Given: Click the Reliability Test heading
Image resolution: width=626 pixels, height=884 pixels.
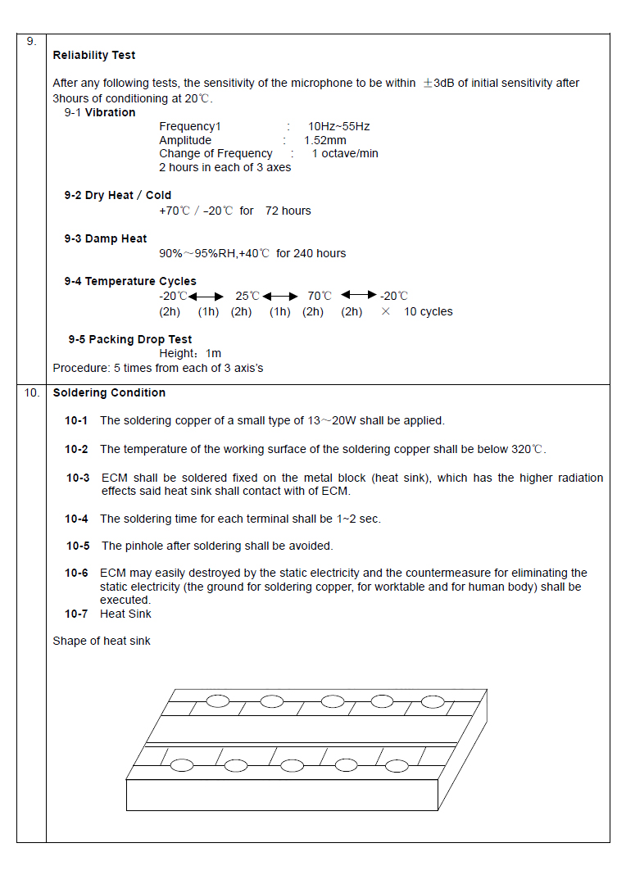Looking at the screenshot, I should click(93, 56).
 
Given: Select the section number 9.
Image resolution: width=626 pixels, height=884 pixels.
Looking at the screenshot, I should click(31, 41).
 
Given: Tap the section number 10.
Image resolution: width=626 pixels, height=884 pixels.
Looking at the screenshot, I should click(31, 393).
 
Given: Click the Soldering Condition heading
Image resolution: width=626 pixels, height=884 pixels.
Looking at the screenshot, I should click(109, 393).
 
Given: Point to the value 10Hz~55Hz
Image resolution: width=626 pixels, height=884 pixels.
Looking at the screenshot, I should click(338, 127).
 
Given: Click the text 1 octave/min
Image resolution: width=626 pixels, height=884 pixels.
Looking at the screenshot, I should click(345, 154).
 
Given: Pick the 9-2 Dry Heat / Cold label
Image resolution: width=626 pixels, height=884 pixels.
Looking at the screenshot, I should click(118, 196).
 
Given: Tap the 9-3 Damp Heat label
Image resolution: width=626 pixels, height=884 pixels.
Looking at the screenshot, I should click(106, 239).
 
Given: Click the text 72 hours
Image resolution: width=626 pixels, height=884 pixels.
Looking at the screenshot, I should click(288, 211).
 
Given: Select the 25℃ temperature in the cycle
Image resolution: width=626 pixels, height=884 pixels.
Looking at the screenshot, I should click(247, 297).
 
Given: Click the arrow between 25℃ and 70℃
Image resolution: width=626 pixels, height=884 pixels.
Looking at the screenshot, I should click(280, 297).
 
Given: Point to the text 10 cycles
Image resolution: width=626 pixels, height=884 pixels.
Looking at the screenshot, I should click(428, 312).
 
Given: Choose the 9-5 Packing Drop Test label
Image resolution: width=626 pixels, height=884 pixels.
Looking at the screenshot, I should click(129, 340).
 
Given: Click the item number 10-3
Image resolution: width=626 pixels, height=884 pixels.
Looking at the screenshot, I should click(78, 478).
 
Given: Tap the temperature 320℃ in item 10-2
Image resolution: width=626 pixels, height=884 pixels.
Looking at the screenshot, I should click(526, 450).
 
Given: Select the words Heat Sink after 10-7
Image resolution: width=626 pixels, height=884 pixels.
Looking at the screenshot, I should click(125, 614).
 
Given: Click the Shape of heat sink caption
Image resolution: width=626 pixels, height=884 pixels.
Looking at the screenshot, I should click(102, 641).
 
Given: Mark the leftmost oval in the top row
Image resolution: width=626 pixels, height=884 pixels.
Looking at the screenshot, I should click(218, 700).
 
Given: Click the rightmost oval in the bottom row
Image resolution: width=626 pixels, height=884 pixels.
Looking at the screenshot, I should click(397, 766).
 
